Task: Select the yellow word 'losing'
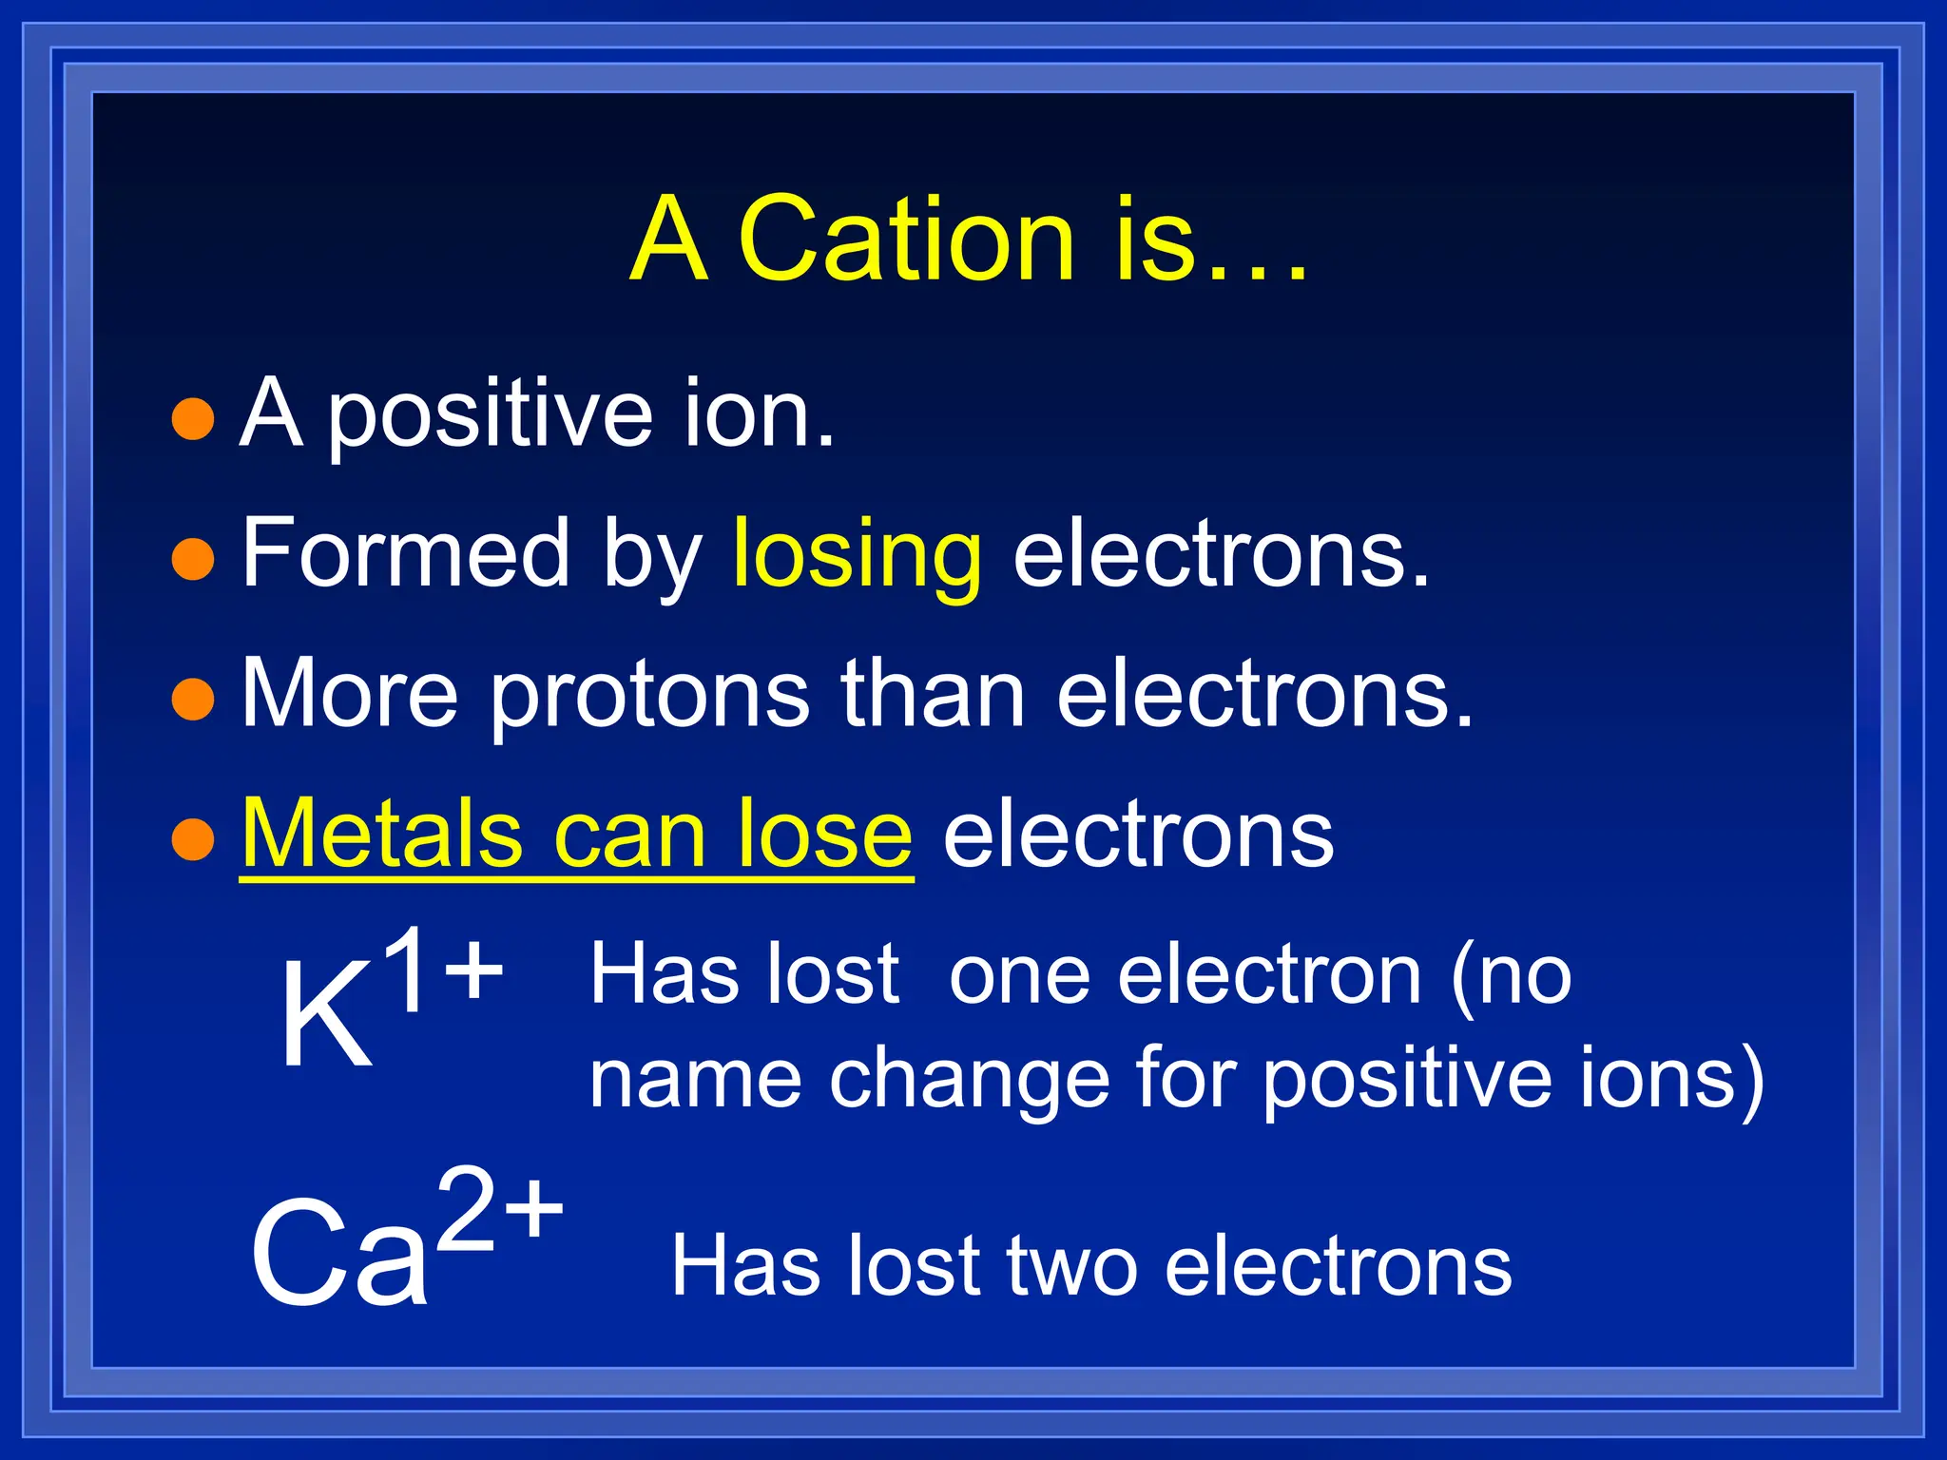coord(857,555)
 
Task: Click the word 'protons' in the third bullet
coord(649,696)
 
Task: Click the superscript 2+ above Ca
coord(501,1208)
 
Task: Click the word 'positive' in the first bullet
coord(490,415)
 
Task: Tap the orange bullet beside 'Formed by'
coord(193,559)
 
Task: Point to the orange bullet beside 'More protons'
coord(193,699)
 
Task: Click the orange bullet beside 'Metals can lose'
coord(193,839)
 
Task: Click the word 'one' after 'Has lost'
coord(1019,976)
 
